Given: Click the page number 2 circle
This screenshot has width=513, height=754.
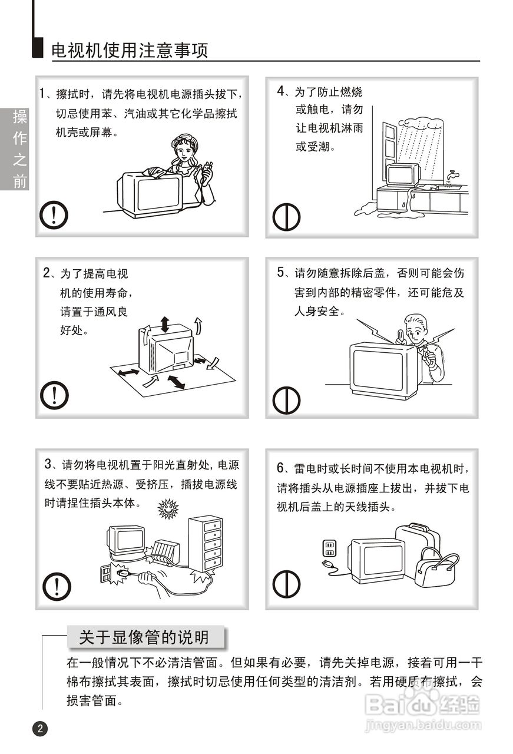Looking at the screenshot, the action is [41, 729].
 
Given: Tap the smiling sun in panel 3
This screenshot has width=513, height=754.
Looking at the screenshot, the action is [168, 508].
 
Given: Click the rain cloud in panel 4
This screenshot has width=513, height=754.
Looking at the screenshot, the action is [421, 123].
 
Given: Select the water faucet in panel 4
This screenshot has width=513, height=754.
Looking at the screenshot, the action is [452, 175].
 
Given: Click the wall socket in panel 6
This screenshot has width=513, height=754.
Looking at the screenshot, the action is [330, 548].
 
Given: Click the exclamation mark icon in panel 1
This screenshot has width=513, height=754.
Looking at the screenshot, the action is [54, 215].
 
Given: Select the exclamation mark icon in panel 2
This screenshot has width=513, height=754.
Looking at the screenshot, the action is [54, 395].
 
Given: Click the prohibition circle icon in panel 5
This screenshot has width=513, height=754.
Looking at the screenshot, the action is [286, 400].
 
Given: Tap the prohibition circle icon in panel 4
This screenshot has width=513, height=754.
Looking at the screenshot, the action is [286, 217].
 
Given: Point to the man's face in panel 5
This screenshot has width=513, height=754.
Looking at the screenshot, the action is [415, 332].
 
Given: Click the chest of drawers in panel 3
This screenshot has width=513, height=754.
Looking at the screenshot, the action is [205, 544].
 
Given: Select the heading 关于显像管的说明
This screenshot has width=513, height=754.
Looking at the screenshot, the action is [144, 637].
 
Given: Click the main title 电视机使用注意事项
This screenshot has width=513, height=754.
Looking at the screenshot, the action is [130, 51].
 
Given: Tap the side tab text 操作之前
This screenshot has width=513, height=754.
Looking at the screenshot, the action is [19, 149].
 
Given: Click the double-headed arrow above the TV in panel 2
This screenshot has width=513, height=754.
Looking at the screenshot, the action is [164, 324].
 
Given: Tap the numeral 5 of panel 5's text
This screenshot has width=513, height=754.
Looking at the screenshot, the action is [281, 272].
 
